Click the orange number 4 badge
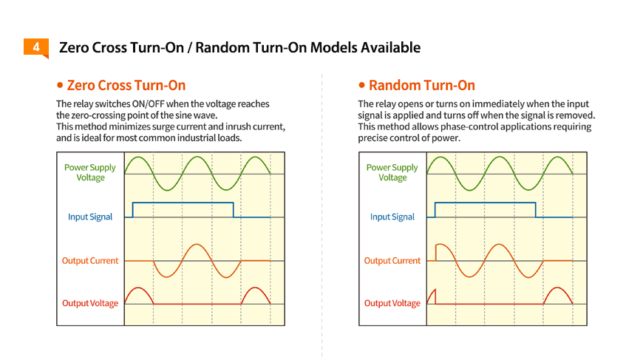36,47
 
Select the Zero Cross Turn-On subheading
126,85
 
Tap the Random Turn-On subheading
422,85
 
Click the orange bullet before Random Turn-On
361,85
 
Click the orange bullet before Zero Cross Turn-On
60,85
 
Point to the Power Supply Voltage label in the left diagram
90,173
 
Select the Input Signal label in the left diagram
90,217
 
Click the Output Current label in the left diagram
90,261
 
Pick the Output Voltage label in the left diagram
90,303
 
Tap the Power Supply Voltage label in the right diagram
392,173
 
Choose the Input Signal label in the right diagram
392,217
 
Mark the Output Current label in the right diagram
392,261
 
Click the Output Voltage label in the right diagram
392,303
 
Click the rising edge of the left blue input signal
133,209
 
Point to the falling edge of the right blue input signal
536,209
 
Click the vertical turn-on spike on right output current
436,253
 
